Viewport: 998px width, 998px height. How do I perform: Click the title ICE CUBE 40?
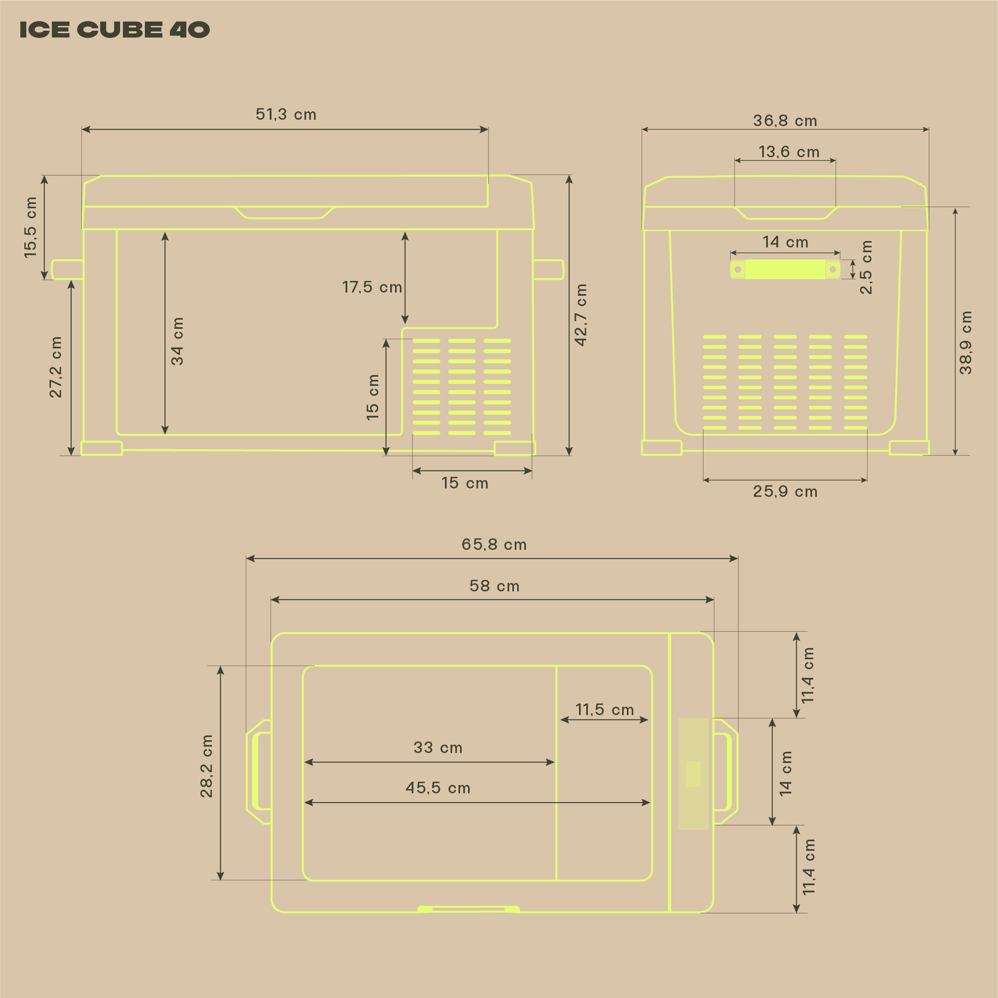tap(114, 30)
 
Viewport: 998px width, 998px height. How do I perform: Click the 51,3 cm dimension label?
tap(286, 114)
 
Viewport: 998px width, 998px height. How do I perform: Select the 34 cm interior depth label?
tap(177, 342)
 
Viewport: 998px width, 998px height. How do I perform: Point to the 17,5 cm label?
tap(372, 287)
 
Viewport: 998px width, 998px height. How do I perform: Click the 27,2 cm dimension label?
tap(55, 367)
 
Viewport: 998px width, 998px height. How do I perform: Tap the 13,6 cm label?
tap(789, 152)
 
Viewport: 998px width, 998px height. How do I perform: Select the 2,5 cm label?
tap(866, 267)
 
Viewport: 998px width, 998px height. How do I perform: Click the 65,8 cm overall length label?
tap(494, 544)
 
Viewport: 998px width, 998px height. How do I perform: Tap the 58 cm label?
tap(494, 586)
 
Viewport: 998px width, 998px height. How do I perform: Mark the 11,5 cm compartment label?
tap(605, 710)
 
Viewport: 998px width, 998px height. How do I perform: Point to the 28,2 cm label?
tap(206, 766)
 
